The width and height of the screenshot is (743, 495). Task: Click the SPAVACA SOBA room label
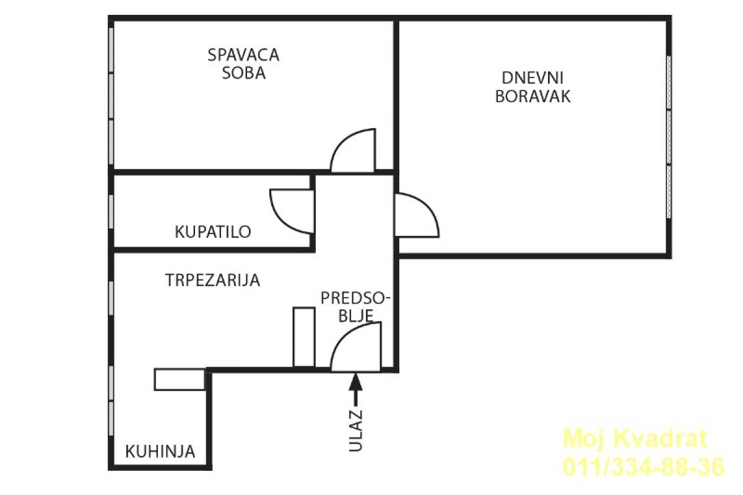[x=243, y=63]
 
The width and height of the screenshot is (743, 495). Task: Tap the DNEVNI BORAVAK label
[x=532, y=87]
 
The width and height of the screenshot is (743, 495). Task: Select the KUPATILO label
[x=213, y=232]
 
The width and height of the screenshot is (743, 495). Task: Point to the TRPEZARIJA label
[x=212, y=280]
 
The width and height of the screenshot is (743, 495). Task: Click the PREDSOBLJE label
[x=355, y=307]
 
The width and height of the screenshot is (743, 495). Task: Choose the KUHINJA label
[x=160, y=451]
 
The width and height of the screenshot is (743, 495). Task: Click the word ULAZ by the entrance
[x=355, y=430]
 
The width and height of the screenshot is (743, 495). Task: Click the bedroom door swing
[x=355, y=152]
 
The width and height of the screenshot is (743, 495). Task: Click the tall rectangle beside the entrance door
[x=303, y=336]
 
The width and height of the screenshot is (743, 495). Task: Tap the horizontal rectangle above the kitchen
[x=180, y=379]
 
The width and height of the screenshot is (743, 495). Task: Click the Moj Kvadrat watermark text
[x=634, y=439]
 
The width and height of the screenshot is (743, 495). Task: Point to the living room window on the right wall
[x=669, y=136]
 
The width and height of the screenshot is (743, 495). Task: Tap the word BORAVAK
[x=532, y=97]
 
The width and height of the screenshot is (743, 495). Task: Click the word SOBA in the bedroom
[x=243, y=73]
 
